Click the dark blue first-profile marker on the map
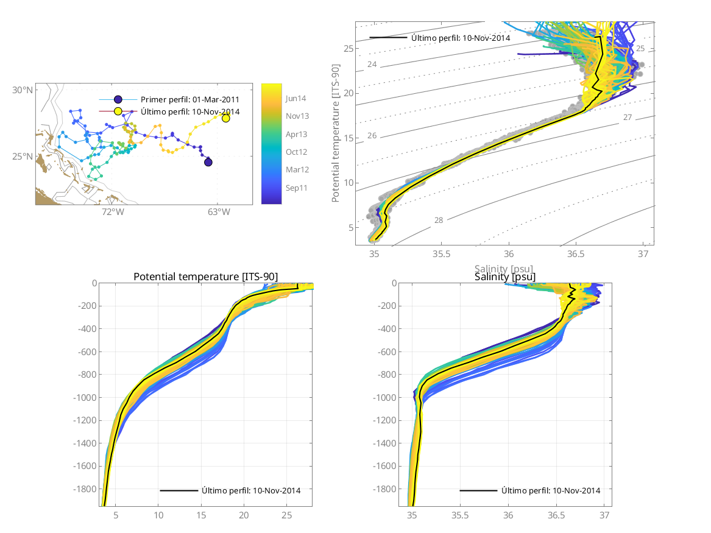(x=208, y=161)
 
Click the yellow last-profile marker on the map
(x=226, y=118)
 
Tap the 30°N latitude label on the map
(x=23, y=90)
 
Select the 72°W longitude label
(x=113, y=213)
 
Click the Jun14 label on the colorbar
(x=295, y=98)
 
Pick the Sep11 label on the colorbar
(x=295, y=188)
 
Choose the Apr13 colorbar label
(x=295, y=134)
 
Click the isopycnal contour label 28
(x=439, y=220)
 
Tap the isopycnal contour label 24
(x=372, y=65)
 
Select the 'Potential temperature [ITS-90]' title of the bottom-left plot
(x=205, y=277)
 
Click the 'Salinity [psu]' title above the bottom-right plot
(x=505, y=277)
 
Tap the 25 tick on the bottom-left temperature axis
(x=286, y=515)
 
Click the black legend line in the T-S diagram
(x=387, y=38)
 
